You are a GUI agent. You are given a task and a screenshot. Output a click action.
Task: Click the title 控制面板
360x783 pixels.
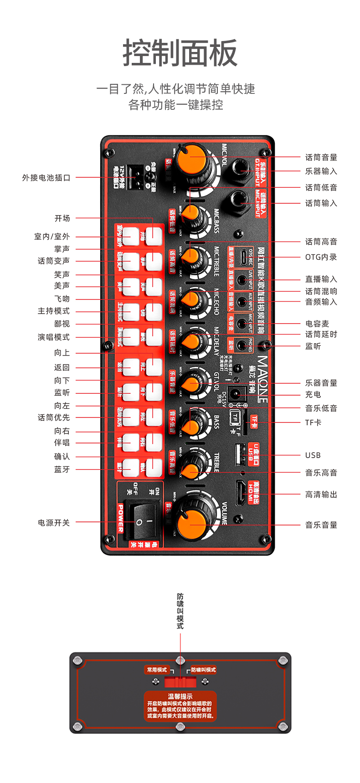180,53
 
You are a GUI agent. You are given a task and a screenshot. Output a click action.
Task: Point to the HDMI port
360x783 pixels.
241,493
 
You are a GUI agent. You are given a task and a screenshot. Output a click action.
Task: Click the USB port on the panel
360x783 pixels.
240,454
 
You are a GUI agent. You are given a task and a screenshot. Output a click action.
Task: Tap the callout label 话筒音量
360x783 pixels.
321,158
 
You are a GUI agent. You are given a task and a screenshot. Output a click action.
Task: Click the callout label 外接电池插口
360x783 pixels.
46,178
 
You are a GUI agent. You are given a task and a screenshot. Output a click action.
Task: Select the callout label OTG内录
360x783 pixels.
321,257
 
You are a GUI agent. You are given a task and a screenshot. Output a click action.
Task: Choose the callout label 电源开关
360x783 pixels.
54,523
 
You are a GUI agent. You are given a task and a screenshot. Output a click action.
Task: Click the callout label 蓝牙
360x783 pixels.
62,469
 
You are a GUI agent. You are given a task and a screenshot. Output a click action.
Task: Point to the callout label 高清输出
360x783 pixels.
321,495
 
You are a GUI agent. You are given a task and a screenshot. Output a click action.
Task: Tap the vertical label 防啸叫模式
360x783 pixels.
180,611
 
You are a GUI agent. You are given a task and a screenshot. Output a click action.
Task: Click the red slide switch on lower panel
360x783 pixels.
180,681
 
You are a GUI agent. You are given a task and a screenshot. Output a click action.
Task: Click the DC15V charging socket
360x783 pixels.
236,394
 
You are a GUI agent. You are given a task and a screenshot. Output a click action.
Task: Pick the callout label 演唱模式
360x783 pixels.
54,337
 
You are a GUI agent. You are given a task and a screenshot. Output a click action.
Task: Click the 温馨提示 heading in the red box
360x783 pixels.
180,696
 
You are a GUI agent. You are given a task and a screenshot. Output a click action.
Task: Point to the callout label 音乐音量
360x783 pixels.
321,525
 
